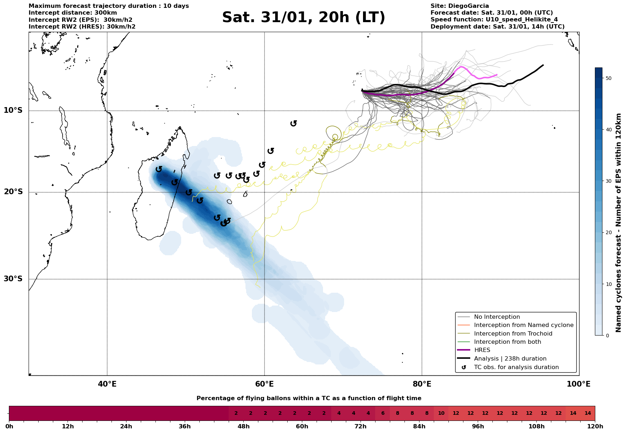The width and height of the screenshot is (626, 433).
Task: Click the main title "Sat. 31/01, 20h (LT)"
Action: [x=303, y=17]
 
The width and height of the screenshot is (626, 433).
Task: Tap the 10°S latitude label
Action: [x=13, y=110]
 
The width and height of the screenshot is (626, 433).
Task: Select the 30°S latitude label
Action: [x=13, y=279]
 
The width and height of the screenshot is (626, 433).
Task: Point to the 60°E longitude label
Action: [x=264, y=384]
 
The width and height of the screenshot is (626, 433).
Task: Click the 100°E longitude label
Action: [x=579, y=384]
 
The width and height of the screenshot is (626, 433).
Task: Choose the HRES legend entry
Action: [x=482, y=350]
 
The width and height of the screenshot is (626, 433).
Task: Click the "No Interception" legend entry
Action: [x=497, y=317]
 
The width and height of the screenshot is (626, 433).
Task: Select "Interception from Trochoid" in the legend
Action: [x=513, y=334]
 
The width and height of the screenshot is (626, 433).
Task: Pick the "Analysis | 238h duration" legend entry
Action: [x=510, y=359]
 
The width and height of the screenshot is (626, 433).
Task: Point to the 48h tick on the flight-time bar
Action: [x=243, y=426]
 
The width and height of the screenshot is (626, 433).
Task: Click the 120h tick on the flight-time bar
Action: [x=595, y=426]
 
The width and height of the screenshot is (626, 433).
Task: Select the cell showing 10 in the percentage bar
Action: [x=441, y=413]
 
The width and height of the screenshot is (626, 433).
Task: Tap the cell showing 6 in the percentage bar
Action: [x=382, y=413]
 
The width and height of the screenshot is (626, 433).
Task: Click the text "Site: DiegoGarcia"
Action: [x=459, y=6]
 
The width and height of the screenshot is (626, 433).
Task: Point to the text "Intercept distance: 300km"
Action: [x=73, y=13]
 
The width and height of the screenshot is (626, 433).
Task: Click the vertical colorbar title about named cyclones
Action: [x=618, y=223]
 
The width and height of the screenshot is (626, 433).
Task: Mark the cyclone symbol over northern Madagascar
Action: [x=159, y=169]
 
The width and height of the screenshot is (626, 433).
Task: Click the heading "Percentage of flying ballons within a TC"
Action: [x=309, y=398]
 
